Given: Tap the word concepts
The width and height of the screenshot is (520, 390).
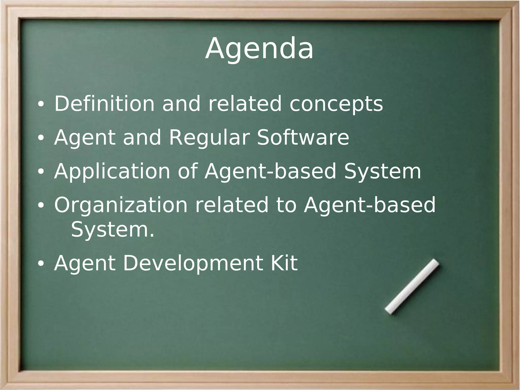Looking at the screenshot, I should [336, 104].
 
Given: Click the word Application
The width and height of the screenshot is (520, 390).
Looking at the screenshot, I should [112, 172].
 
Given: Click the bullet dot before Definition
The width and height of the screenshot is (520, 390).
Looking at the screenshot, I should [41, 104].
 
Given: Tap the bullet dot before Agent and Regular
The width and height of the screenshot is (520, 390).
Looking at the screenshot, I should [41, 138].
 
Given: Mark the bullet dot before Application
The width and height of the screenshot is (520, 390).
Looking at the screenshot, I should [41, 172].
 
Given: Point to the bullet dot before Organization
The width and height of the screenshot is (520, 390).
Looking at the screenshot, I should [41, 206].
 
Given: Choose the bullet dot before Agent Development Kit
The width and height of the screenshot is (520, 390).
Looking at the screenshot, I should [41, 264].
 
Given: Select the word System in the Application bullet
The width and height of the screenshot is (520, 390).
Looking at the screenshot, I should [382, 172].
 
